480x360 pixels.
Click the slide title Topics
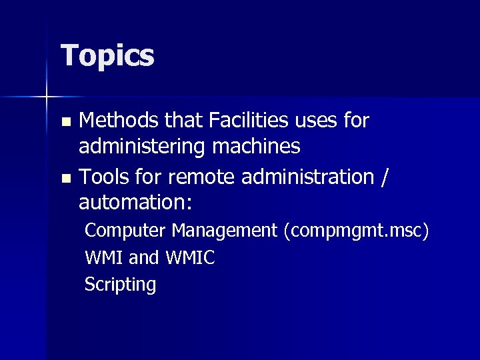pos(107,56)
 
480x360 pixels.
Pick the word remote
pos(193,177)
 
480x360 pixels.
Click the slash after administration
pos(385,178)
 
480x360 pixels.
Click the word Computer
pos(125,231)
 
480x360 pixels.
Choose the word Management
pos(224,231)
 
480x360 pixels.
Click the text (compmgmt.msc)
pos(356,231)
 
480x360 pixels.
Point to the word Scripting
pos(120,285)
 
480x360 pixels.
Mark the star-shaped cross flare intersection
pos(47,97)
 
